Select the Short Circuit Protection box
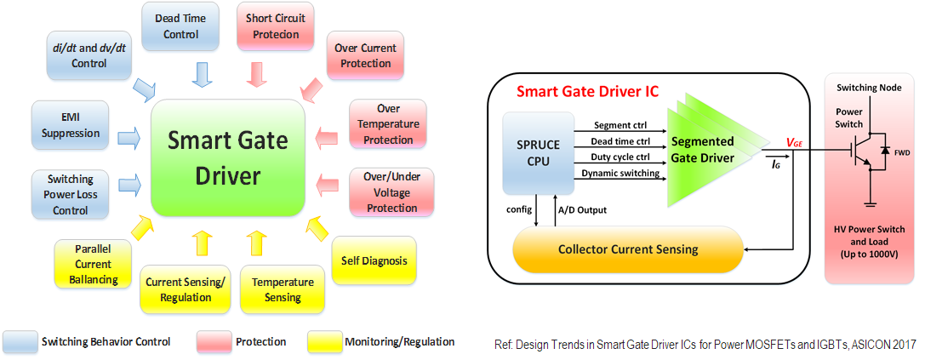pos(274,26)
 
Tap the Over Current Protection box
pos(364,55)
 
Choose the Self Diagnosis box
pos(374,260)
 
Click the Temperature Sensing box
pos(283,289)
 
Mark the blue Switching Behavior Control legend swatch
pos(19,341)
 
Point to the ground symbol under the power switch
pos(869,203)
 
